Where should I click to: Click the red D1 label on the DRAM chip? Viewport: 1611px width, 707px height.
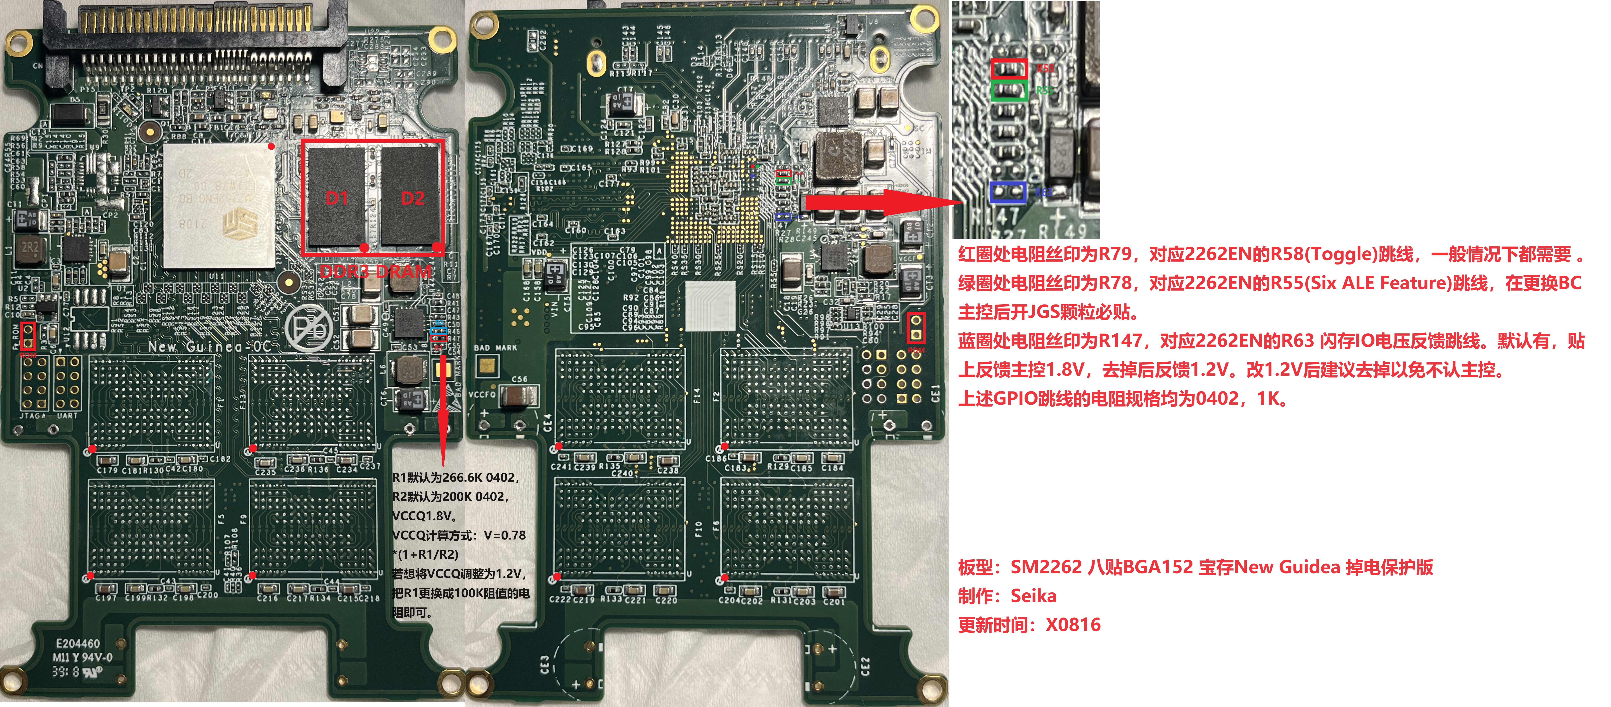[x=336, y=199]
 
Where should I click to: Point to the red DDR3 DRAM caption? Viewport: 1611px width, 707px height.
[x=375, y=272]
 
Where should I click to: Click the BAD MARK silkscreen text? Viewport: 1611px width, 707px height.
[x=495, y=348]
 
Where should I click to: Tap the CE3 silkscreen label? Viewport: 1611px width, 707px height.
[x=544, y=665]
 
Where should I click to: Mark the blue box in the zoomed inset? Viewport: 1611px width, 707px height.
[x=1008, y=192]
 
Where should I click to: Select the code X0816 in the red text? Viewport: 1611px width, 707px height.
[x=1073, y=624]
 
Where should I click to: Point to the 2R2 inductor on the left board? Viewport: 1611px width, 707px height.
[x=29, y=247]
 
